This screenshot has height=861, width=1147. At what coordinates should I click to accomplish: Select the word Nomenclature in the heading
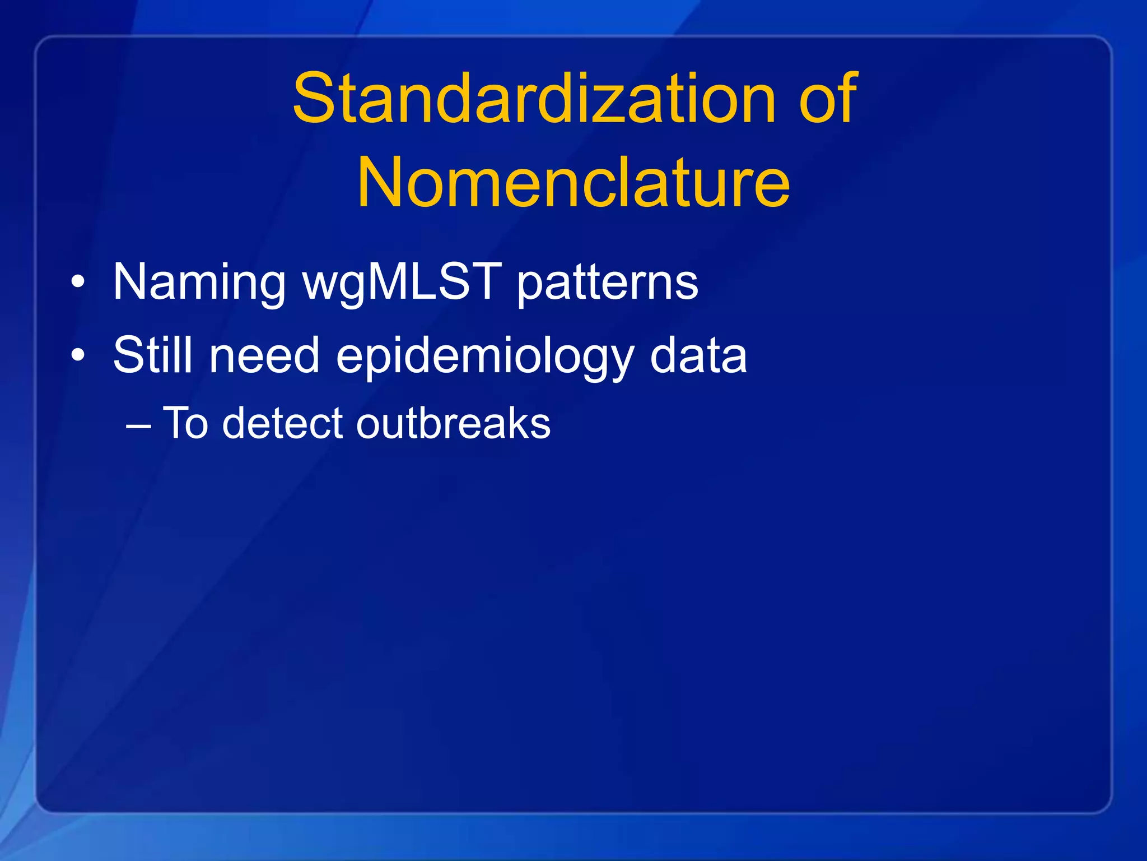573,182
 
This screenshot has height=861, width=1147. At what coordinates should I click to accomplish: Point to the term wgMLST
402,282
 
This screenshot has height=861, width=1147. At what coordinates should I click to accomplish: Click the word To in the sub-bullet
185,423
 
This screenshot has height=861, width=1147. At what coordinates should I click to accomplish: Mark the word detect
282,423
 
